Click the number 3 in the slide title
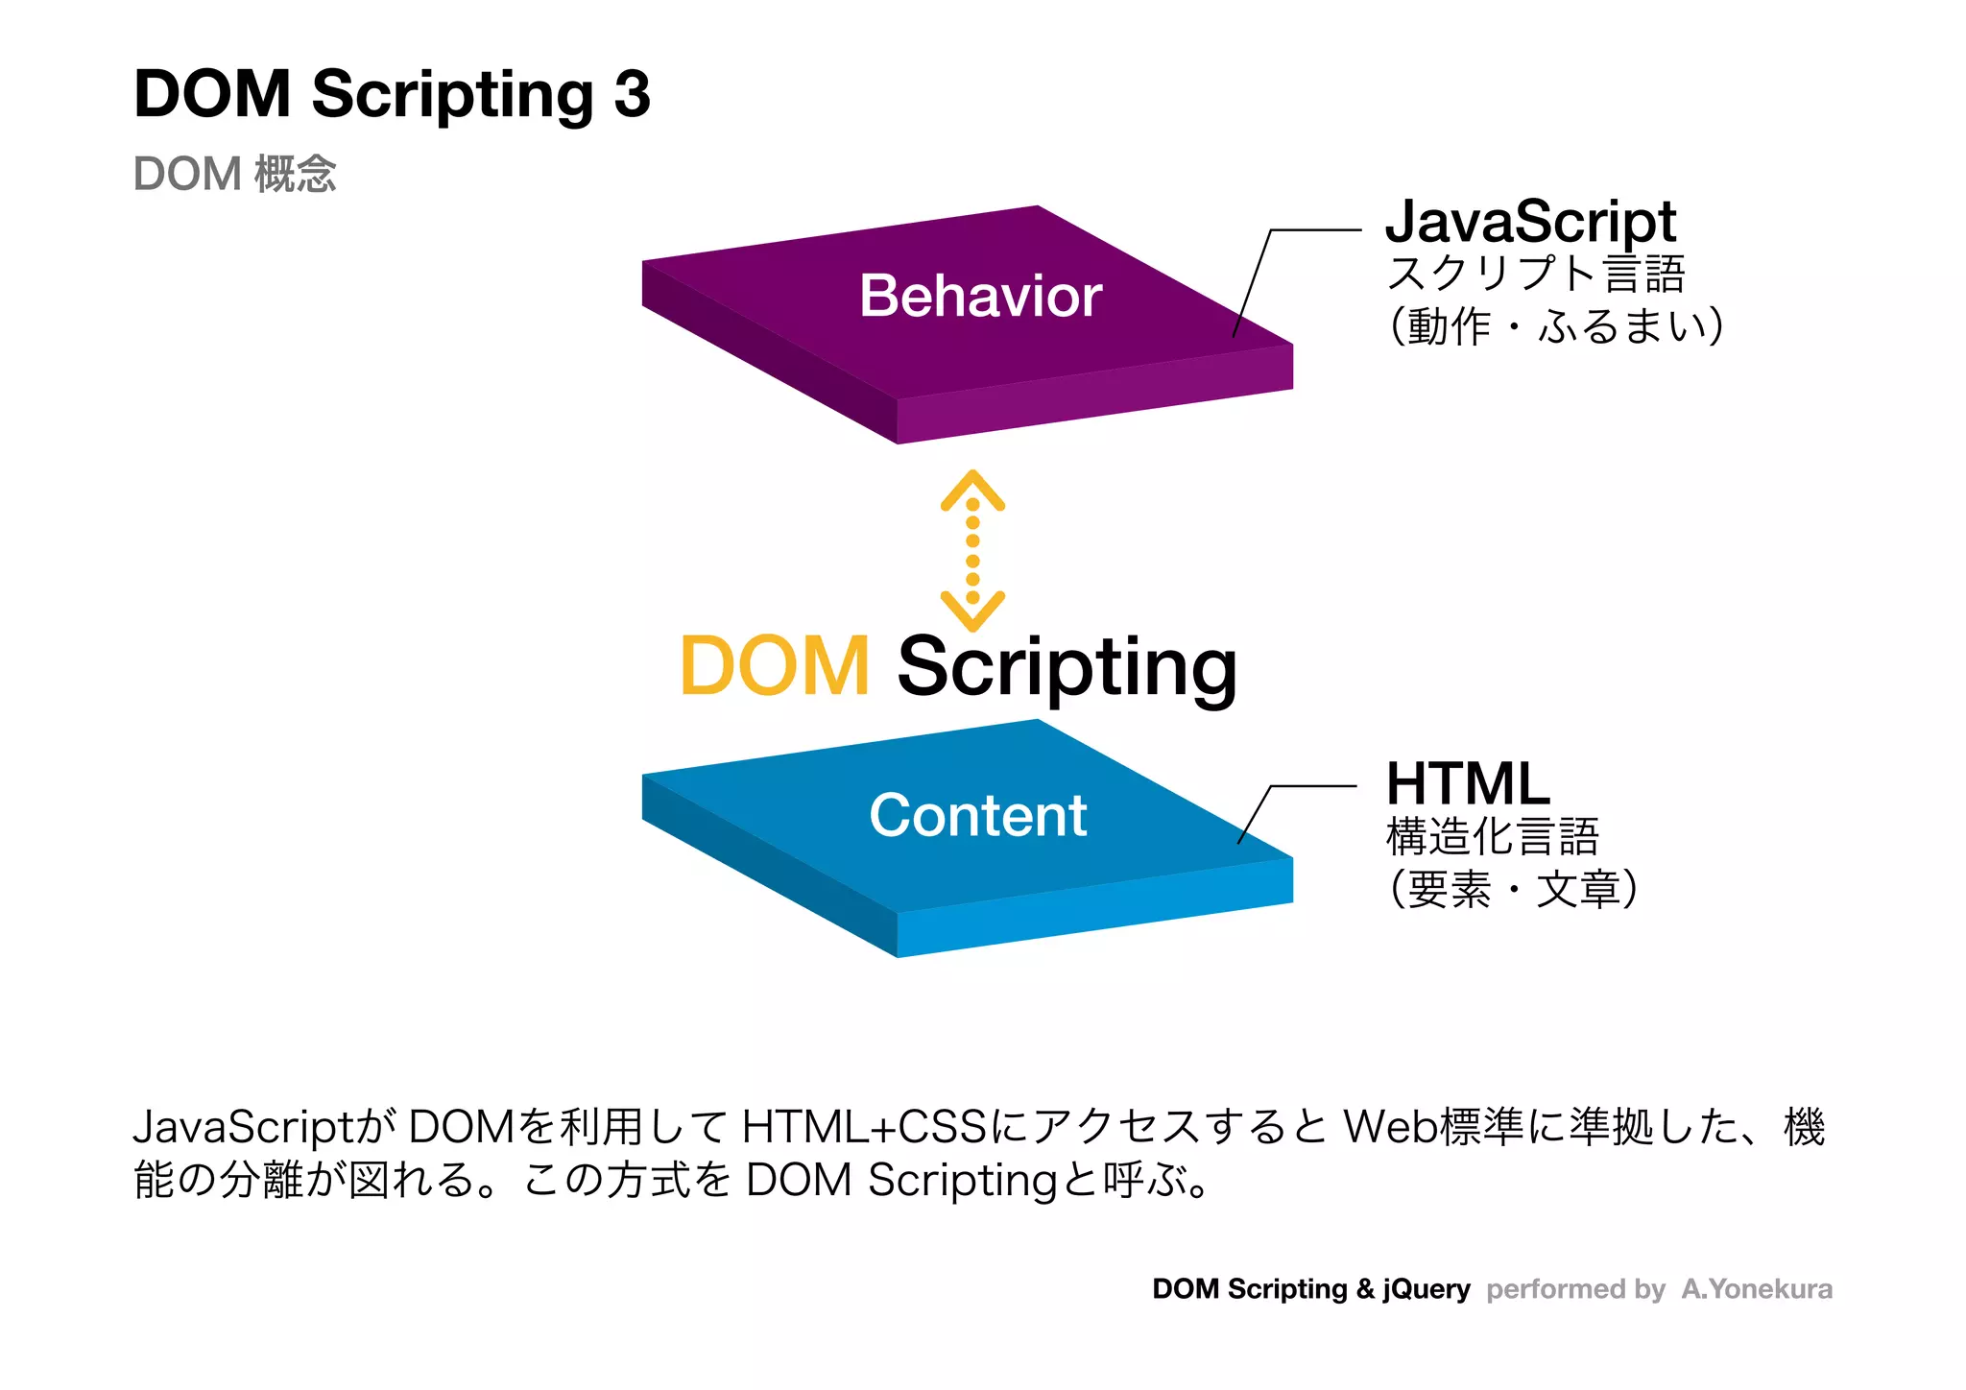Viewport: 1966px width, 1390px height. pyautogui.click(x=632, y=95)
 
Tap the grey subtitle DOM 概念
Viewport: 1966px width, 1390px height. pyautogui.click(x=234, y=174)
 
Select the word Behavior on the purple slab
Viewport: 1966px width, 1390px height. pyautogui.click(x=980, y=296)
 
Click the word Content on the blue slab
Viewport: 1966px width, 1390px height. pyautogui.click(x=977, y=815)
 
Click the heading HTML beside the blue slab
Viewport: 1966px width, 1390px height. pyautogui.click(x=1467, y=783)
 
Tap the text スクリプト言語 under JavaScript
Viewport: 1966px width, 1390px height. pyautogui.click(x=1536, y=274)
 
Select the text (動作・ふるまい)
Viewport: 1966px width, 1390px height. pyautogui.click(x=1555, y=326)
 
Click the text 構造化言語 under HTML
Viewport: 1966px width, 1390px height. pyautogui.click(x=1492, y=836)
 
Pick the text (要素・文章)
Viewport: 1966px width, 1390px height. pyautogui.click(x=1513, y=889)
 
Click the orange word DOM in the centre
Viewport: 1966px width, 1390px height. pyautogui.click(x=774, y=666)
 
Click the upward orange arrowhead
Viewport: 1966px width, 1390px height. pyautogui.click(x=972, y=488)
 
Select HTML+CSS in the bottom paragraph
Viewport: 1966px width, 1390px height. pyautogui.click(x=864, y=1127)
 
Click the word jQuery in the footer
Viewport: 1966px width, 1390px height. pyautogui.click(x=1427, y=1288)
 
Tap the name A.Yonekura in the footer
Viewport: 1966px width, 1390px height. pyautogui.click(x=1757, y=1288)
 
